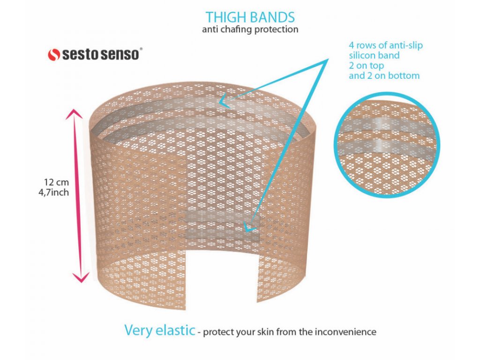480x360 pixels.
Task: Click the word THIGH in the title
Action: click(x=225, y=17)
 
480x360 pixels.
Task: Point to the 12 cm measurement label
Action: click(x=56, y=182)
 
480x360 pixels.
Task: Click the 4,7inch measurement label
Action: click(x=53, y=193)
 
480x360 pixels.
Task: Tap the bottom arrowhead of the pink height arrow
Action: click(x=81, y=276)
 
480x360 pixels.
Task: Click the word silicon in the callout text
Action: click(x=363, y=55)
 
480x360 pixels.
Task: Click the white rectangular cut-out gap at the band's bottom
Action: click(x=221, y=277)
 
